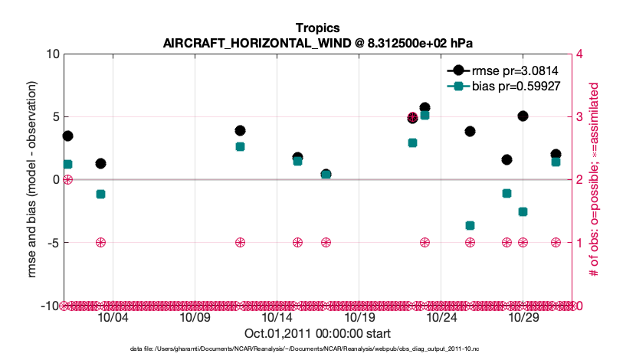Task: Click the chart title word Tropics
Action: (317, 29)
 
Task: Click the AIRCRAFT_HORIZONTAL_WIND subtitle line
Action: (317, 44)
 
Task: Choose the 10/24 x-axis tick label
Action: (441, 318)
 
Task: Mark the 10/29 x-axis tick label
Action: (523, 318)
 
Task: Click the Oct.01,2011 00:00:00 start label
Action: (317, 334)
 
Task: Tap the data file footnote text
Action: (317, 349)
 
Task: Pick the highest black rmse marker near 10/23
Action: (425, 108)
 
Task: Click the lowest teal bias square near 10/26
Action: (470, 225)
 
